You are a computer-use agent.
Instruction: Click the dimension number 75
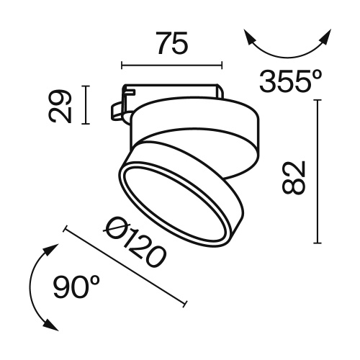[x=172, y=45]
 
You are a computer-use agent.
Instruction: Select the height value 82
[x=294, y=176]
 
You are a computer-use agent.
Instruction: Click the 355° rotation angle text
[x=290, y=81]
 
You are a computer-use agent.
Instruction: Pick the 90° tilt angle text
[x=76, y=288]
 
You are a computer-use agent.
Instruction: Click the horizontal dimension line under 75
[x=172, y=66]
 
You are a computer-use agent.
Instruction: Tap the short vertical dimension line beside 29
[x=86, y=105]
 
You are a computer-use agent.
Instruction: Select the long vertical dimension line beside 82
[x=317, y=173]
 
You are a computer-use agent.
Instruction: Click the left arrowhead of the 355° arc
[x=248, y=36]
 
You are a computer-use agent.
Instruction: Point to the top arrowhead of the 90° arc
[x=50, y=248]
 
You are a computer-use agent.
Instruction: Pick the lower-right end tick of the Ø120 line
[x=187, y=302]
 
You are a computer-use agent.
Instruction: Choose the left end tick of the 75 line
[x=122, y=66]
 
